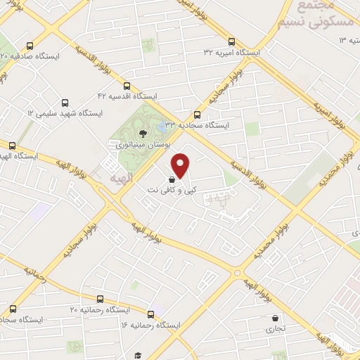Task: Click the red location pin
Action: tap(181, 165)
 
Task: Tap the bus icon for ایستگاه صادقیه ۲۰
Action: tap(30, 46)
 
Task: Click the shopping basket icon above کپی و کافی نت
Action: tap(172, 179)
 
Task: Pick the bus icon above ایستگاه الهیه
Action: tap(11, 146)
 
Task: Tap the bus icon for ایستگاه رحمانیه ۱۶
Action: tap(151, 314)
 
